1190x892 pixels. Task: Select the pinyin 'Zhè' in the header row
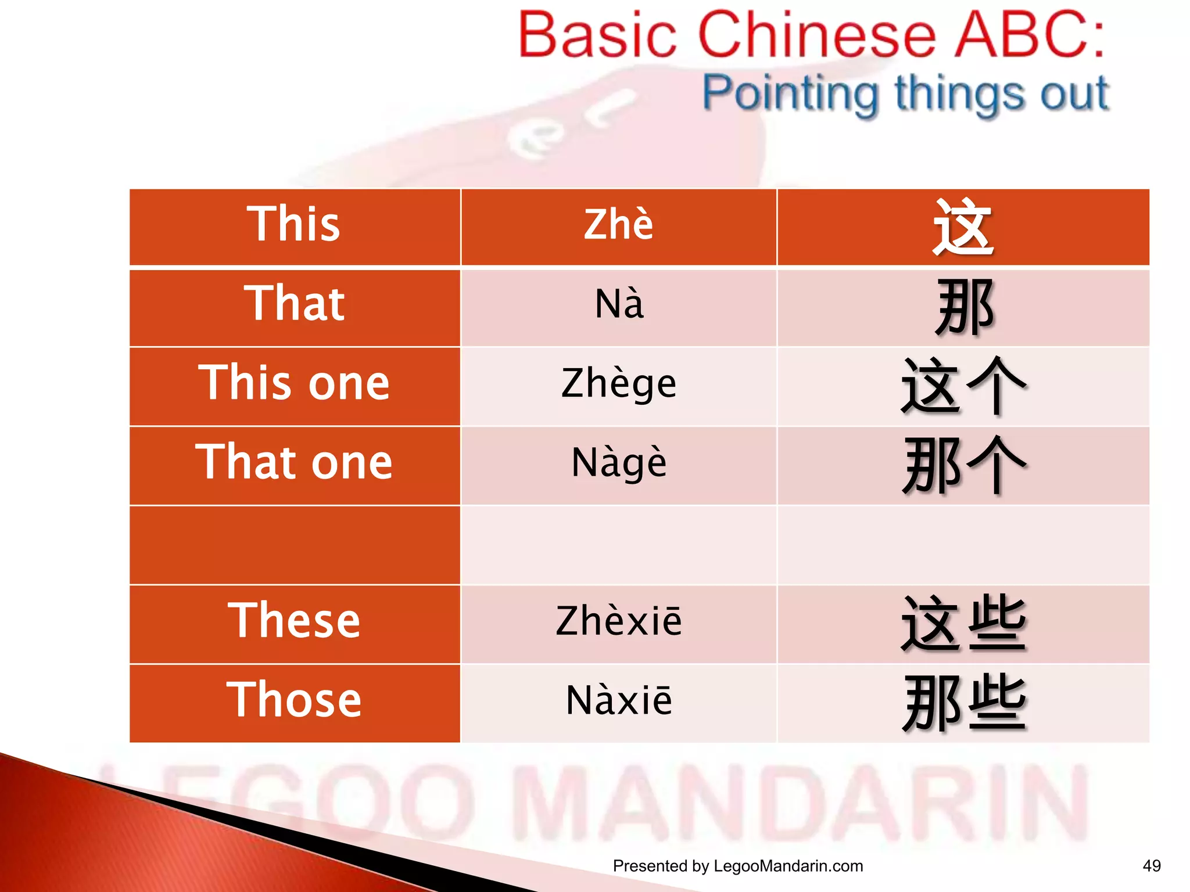click(x=618, y=225)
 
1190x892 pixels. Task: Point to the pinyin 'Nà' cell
click(x=619, y=304)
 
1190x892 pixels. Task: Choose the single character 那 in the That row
click(x=965, y=307)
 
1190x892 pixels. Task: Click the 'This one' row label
click(x=294, y=383)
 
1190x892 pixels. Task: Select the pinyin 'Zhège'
click(x=619, y=384)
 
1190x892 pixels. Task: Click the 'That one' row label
click(x=294, y=462)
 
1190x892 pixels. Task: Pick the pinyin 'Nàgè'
click(x=619, y=463)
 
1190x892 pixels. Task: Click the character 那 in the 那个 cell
click(x=931, y=465)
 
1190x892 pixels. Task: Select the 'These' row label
click(x=294, y=621)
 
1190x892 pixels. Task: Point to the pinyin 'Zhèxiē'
click(x=619, y=621)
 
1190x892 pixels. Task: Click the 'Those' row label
click(x=294, y=700)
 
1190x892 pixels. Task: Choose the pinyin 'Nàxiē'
click(x=619, y=701)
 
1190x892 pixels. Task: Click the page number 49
click(x=1151, y=866)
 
